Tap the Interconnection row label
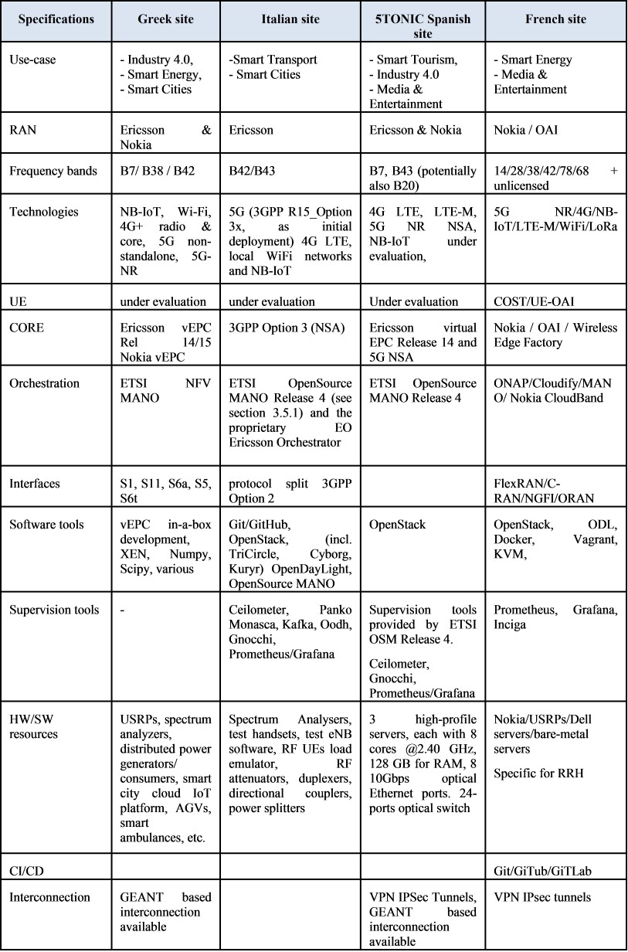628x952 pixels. point(45,898)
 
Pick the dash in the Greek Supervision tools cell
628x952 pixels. point(124,610)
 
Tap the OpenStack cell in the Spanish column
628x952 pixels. point(398,525)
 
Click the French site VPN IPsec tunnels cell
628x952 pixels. point(543,898)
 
